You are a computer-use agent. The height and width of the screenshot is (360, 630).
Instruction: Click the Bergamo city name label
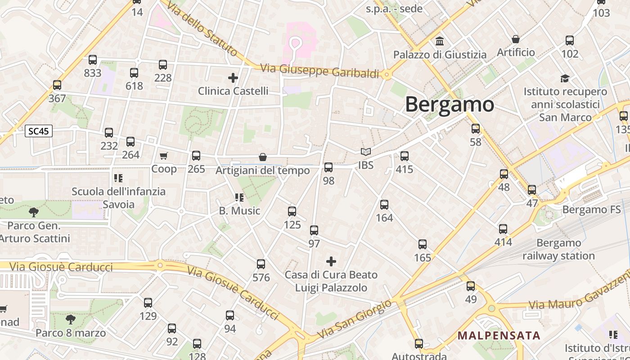coord(450,104)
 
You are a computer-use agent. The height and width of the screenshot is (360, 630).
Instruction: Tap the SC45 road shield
coord(39,131)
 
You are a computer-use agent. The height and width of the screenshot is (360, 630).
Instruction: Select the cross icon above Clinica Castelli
coord(233,78)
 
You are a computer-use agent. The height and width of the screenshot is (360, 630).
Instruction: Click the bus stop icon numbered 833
coord(93,60)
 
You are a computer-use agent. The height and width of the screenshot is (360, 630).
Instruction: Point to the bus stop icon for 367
coord(57,85)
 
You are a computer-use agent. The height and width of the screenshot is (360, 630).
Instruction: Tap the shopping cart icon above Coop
coord(164,156)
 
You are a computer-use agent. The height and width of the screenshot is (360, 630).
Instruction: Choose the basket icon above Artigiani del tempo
coord(263,157)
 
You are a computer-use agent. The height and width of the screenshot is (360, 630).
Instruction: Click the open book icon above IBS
coord(366,152)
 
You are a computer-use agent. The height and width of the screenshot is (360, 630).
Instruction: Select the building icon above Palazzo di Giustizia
coord(440,42)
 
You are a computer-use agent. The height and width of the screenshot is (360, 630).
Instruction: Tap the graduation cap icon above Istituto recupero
coord(565,79)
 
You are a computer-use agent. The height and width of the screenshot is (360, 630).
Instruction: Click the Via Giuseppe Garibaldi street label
coord(320,71)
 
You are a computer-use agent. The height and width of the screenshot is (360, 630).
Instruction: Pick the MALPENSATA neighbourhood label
coord(499,335)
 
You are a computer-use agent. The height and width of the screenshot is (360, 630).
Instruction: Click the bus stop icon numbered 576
coord(261,264)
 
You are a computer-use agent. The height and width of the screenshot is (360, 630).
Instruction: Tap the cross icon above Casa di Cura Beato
coord(331,261)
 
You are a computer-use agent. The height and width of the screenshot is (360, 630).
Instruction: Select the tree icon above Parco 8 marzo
coord(70,319)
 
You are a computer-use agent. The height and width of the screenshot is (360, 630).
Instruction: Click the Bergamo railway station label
coord(559,249)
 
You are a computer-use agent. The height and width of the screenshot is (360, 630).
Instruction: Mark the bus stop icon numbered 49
coord(471,286)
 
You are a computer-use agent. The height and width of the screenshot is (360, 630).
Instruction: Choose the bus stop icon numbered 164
coord(384,205)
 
